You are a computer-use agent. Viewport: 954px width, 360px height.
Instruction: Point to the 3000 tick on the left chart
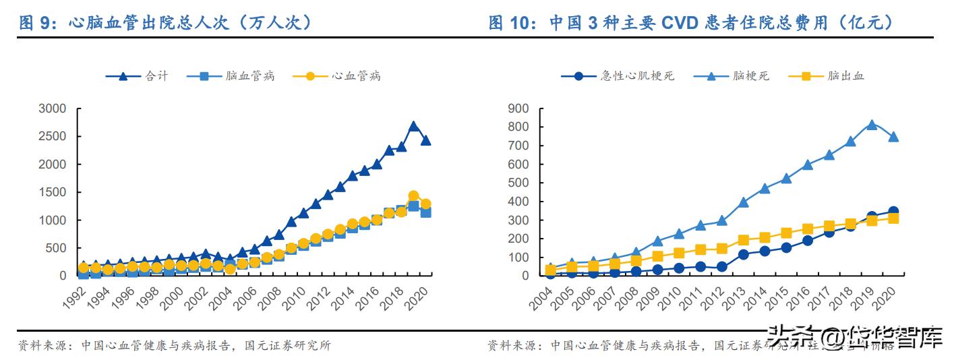[x=52, y=109]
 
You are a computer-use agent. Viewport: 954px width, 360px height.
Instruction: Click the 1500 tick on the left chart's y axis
[x=52, y=192]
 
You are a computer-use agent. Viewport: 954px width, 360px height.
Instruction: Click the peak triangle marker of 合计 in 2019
[x=413, y=126]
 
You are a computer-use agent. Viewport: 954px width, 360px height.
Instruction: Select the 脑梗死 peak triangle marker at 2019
[x=871, y=125]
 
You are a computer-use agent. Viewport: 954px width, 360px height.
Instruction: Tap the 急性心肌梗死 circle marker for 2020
[x=893, y=212]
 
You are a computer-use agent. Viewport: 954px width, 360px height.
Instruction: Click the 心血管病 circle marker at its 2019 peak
[x=413, y=196]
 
